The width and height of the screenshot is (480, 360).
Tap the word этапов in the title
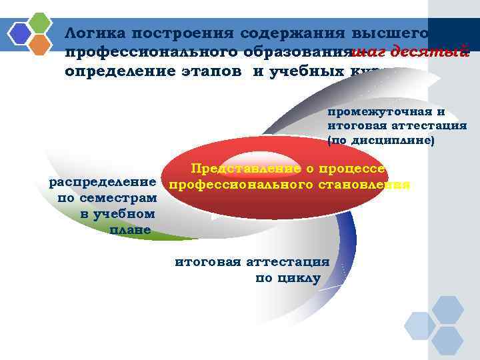[x=213, y=71]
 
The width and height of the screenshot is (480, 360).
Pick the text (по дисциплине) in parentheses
[x=381, y=141]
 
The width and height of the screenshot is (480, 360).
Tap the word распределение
[x=103, y=182]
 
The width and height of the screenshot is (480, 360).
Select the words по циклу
[x=287, y=278]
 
